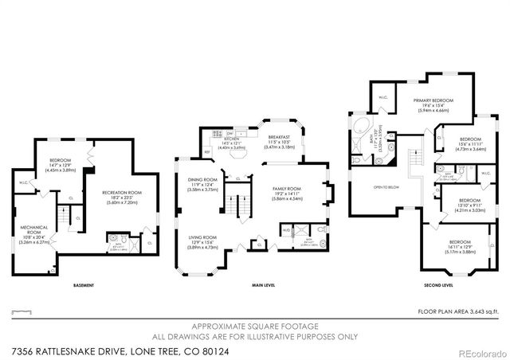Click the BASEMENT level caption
pos(84,285)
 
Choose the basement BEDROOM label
pos(61,159)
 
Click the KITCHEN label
pos(232,139)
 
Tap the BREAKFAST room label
pos(279,137)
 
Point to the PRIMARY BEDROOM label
pos(433,100)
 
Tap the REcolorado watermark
pos(478,350)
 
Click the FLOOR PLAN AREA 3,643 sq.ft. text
pos(460,311)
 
